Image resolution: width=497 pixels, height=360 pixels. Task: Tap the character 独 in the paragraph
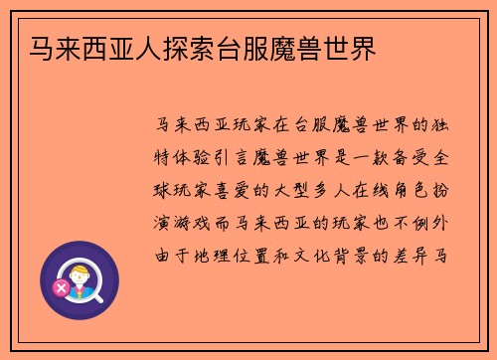(x=443, y=126)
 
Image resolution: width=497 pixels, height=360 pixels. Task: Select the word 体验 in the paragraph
(x=203, y=158)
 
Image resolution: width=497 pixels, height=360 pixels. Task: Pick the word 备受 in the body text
(x=410, y=158)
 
